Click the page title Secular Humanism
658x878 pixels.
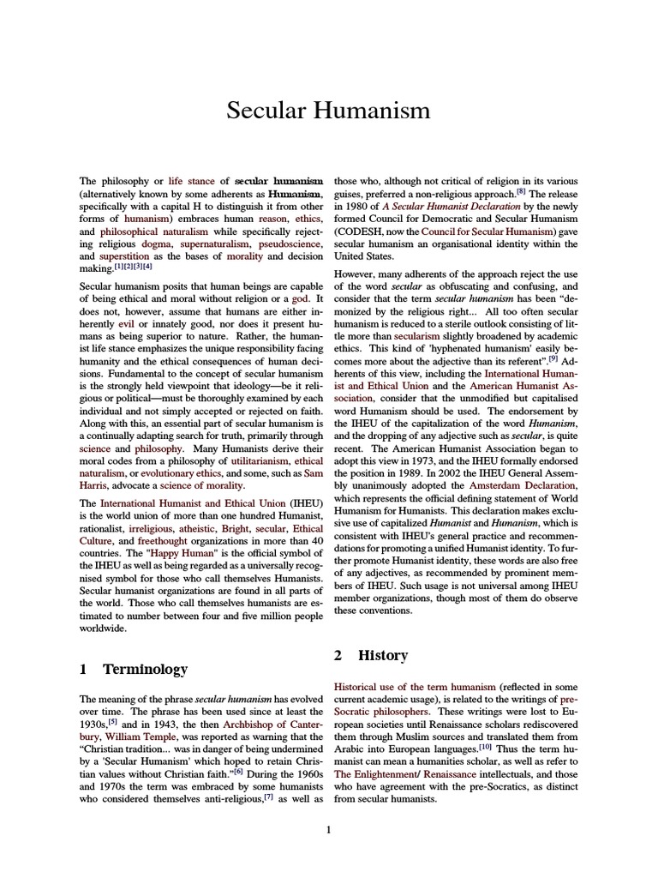click(328, 111)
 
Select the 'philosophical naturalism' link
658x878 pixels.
click(147, 233)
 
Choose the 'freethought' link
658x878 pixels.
click(154, 541)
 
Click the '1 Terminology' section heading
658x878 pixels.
click(134, 669)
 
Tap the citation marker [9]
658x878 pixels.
click(577, 359)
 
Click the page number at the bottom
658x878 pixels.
click(328, 828)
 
